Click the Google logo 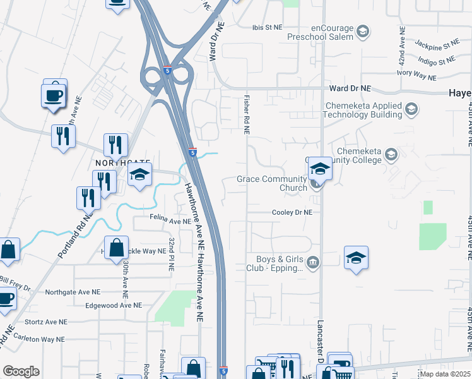(x=21, y=371)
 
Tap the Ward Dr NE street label (x=350, y=90)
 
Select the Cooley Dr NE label (x=292, y=213)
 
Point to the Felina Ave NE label (x=170, y=222)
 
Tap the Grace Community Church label (x=271, y=183)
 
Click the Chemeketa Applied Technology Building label (x=362, y=110)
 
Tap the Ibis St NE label (x=266, y=27)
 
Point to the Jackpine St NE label (x=437, y=45)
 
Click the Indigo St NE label (x=436, y=61)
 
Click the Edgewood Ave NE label (x=113, y=304)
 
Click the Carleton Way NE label (x=39, y=339)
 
